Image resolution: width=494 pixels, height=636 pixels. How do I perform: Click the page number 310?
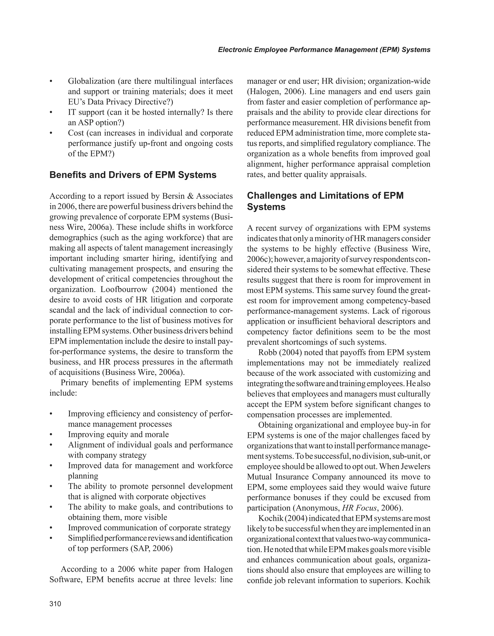pyautogui.click(x=55, y=604)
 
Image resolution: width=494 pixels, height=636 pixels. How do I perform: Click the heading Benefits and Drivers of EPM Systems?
pyautogui.click(x=133, y=175)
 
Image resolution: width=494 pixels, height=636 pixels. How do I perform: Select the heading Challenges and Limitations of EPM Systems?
pyautogui.click(x=325, y=201)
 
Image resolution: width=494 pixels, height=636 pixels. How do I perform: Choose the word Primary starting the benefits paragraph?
pyautogui.click(x=74, y=383)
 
